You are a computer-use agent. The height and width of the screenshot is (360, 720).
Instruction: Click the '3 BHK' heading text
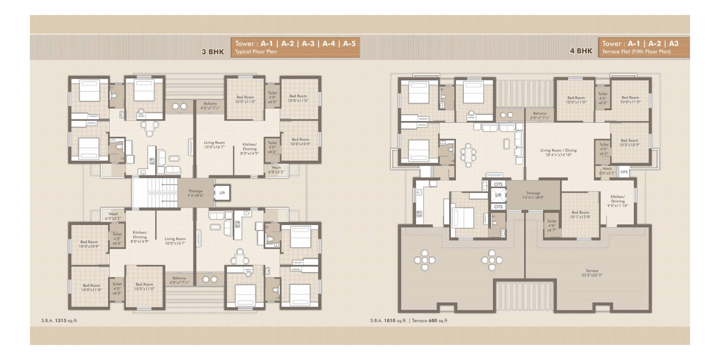[213, 52]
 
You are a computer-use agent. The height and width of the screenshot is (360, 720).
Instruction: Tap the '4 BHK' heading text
[581, 51]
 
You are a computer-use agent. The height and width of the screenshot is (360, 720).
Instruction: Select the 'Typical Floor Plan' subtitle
[256, 52]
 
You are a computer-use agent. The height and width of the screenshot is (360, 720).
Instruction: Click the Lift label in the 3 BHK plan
[222, 193]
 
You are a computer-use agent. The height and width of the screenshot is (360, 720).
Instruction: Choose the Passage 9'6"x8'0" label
[196, 193]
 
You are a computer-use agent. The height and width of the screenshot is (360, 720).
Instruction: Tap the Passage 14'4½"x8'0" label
[533, 195]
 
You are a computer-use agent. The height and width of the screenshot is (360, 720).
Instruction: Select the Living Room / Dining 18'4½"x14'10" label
[559, 152]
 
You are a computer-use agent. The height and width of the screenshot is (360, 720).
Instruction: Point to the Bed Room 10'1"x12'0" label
[580, 215]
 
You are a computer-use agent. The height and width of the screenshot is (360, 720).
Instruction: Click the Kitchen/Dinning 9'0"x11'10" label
[618, 201]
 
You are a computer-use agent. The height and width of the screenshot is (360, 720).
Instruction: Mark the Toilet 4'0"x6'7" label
[552, 225]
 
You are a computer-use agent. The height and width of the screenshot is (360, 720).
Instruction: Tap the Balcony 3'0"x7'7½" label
[540, 115]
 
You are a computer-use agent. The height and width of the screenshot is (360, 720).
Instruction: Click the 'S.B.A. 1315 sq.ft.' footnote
[59, 321]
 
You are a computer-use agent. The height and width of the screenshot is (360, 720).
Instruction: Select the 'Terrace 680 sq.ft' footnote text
[429, 321]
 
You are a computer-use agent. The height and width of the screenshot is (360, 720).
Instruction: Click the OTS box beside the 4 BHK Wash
[624, 172]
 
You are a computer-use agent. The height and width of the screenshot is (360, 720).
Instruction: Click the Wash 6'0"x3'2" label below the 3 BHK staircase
[113, 216]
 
